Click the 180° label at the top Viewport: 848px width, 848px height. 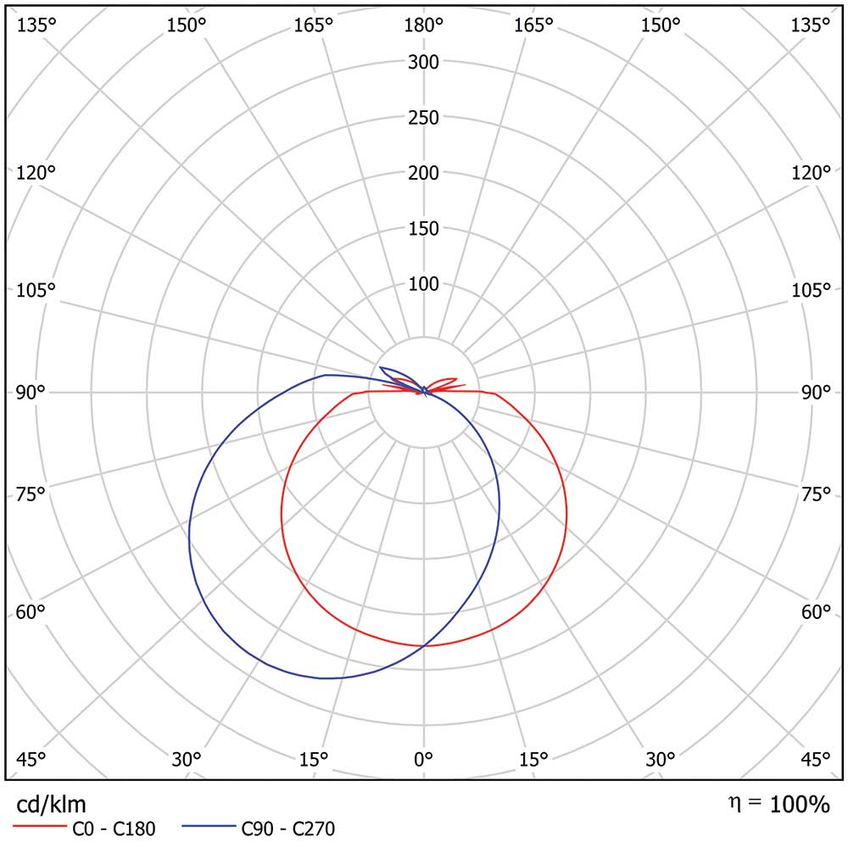tap(423, 25)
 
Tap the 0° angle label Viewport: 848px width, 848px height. tap(423, 759)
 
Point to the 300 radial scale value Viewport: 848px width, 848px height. tap(423, 62)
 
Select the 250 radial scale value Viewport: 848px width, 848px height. tap(423, 117)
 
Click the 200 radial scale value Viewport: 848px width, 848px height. tap(423, 173)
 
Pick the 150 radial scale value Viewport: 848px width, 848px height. tap(423, 228)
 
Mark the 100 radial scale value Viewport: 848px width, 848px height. tap(423, 283)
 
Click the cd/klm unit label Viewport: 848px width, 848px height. tap(52, 804)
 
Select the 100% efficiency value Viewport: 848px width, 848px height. tap(800, 805)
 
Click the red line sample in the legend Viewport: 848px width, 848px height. tap(38, 824)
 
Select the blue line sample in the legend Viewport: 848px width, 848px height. tap(208, 824)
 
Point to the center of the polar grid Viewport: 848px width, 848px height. tap(424, 392)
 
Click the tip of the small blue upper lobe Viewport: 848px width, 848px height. tap(381, 367)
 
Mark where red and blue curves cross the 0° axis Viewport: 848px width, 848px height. tap(424, 645)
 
